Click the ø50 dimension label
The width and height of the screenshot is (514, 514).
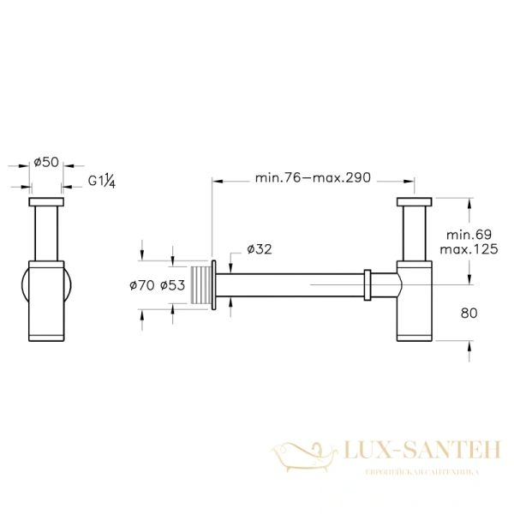pyautogui.click(x=45, y=162)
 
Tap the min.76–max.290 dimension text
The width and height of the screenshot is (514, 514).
pyautogui.click(x=313, y=178)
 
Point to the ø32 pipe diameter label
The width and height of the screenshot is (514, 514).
pyautogui.click(x=259, y=249)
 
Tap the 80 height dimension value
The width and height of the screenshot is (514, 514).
pyautogui.click(x=469, y=313)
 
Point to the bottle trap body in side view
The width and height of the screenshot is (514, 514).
pyautogui.click(x=417, y=302)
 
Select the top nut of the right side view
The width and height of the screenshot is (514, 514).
pyautogui.click(x=417, y=202)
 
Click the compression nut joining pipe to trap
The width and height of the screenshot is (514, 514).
pyautogui.click(x=367, y=284)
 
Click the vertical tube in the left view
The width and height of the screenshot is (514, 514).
pyautogui.click(x=45, y=233)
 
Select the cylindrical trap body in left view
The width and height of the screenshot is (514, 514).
pyautogui.click(x=45, y=300)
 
